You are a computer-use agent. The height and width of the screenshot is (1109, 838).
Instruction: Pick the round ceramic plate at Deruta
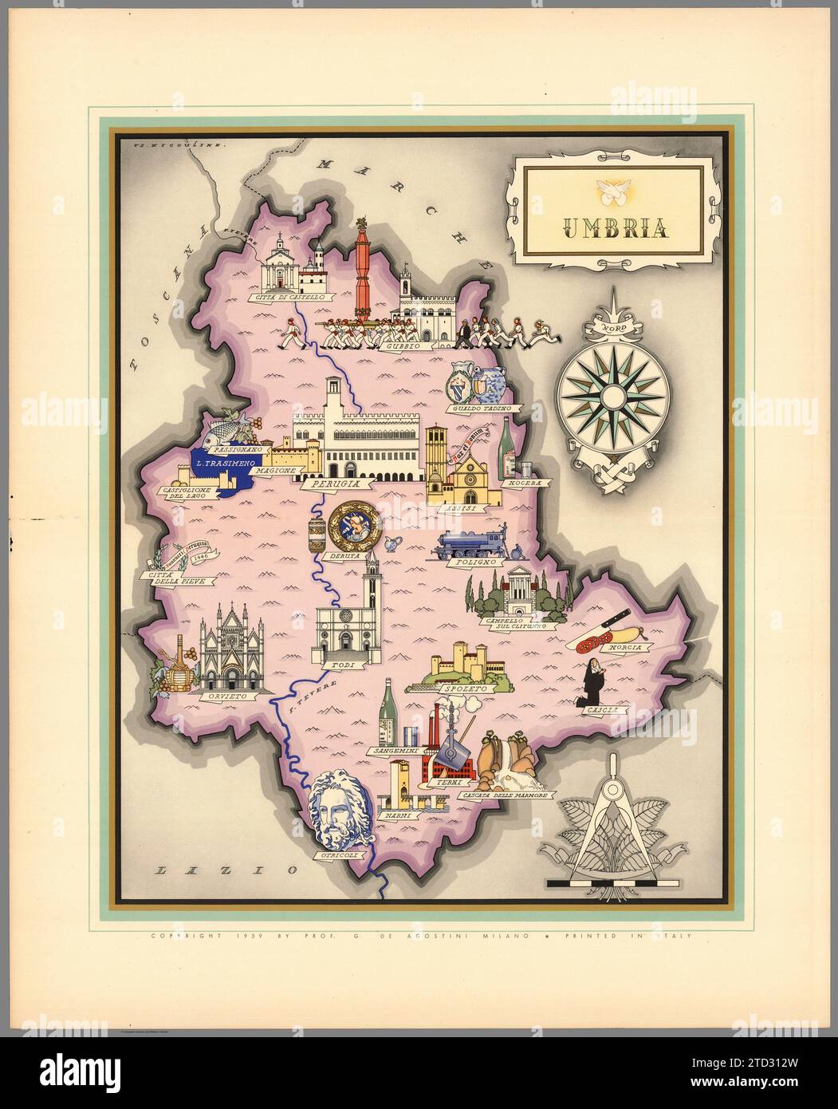pos(349,525)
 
